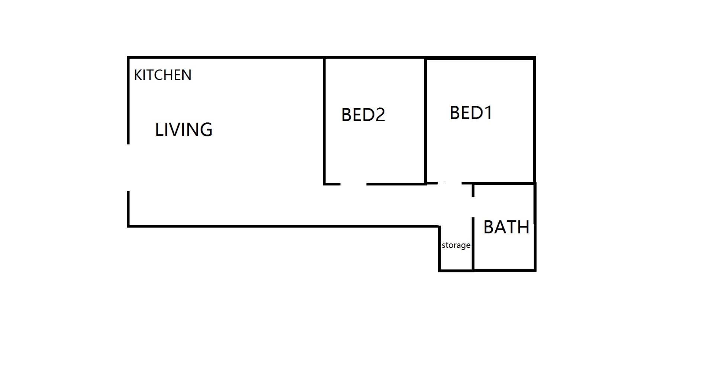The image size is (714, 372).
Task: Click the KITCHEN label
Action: coord(163,75)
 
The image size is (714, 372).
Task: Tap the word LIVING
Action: coord(184,130)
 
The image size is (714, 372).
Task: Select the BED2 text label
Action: coord(363,114)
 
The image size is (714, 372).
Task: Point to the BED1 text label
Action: coord(471,113)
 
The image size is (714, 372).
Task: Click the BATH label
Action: coord(506,227)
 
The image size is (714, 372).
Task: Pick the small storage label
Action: coord(456,245)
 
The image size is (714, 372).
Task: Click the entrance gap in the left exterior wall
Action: coord(128,168)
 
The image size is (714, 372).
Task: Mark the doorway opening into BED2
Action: coord(353,184)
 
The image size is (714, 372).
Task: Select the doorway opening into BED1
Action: coord(450,183)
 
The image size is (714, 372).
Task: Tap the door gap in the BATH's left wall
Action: coord(473,207)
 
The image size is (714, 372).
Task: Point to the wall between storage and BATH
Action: coord(473,244)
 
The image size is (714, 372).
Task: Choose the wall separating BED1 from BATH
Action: coord(504,183)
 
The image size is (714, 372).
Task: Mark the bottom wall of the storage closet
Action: coord(456,270)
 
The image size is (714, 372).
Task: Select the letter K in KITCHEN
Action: coord(138,75)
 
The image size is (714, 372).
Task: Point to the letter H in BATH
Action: coord(524,227)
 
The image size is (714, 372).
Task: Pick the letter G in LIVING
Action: coord(206,130)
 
